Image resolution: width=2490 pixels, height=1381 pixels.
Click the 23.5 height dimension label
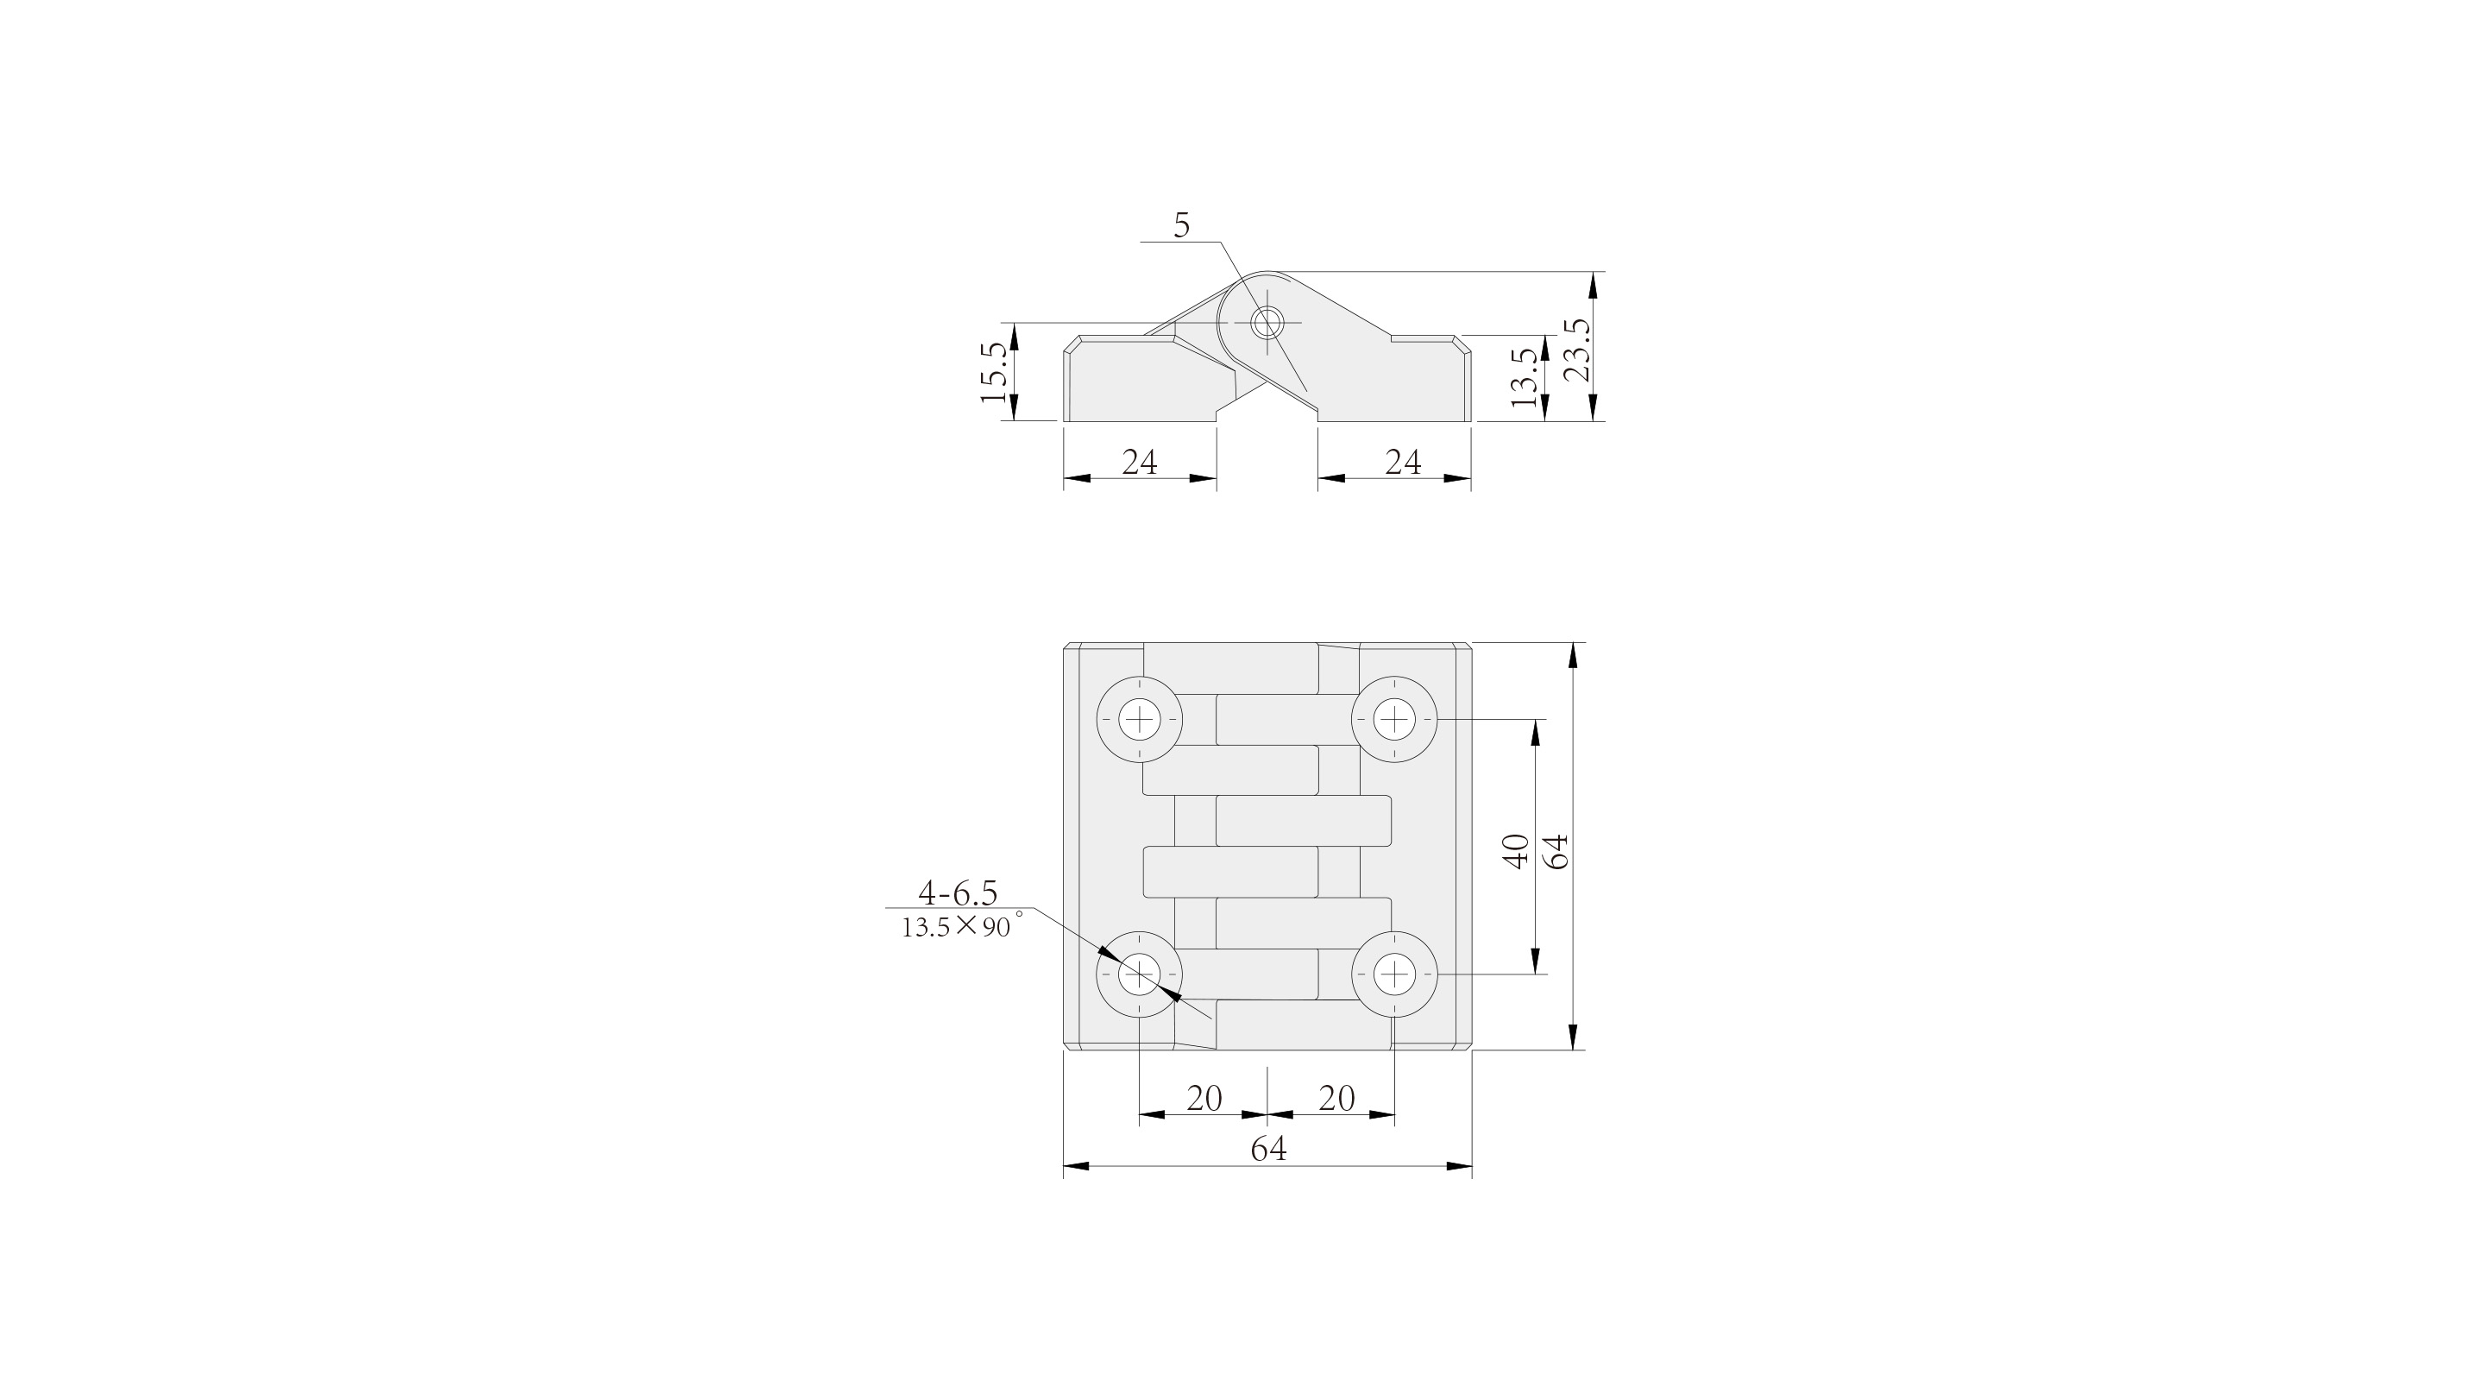click(1576, 351)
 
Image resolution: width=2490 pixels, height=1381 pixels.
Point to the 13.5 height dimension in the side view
click(1524, 378)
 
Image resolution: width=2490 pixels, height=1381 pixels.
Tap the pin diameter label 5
click(1181, 225)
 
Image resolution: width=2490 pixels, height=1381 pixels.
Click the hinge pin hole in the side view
click(1267, 322)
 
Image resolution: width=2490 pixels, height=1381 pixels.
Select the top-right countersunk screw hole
click(1394, 720)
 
